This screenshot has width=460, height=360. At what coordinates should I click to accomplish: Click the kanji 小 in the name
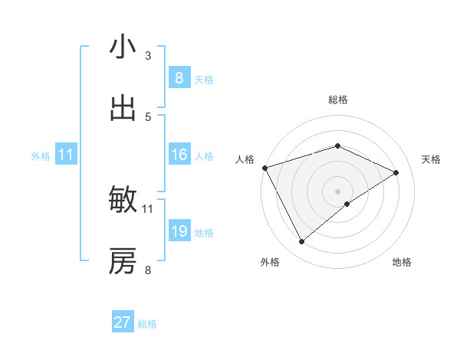tap(123, 47)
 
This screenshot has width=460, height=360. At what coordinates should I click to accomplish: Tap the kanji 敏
tap(123, 200)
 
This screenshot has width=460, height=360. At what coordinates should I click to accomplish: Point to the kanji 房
tap(123, 261)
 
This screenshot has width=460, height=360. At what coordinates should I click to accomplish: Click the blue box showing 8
tap(179, 77)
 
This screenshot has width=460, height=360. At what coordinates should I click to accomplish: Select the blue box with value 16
tap(179, 155)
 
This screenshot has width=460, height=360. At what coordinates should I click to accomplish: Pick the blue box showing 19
tap(179, 231)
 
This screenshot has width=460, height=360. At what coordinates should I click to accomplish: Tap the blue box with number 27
tap(123, 322)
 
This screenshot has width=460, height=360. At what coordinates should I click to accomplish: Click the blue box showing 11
tap(66, 155)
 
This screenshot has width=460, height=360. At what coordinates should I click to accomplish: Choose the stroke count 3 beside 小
tap(148, 55)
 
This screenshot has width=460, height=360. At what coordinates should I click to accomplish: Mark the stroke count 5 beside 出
tap(148, 116)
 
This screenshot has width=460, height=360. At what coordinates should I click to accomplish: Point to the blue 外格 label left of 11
tap(41, 155)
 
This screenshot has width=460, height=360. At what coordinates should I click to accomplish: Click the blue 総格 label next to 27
tap(147, 324)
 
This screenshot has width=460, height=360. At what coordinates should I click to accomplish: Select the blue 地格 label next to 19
tap(204, 232)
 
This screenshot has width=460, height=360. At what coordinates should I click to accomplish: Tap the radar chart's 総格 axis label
tap(337, 100)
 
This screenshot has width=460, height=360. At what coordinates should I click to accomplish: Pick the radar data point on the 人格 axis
tap(264, 168)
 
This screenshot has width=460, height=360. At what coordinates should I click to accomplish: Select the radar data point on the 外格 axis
tap(301, 242)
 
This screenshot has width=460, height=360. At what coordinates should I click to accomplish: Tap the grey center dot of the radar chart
tap(337, 191)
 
